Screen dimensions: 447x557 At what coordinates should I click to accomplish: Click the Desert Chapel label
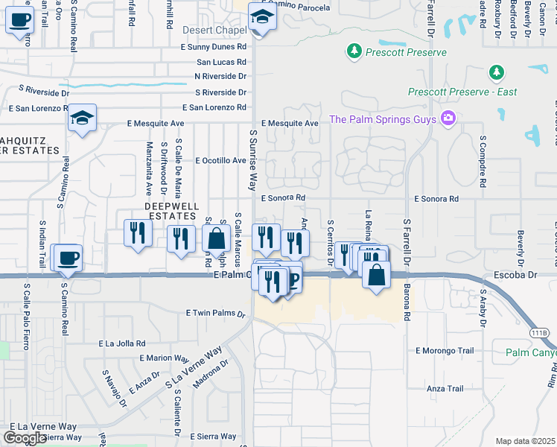(214, 31)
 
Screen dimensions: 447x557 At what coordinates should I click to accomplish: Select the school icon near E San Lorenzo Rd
(83, 118)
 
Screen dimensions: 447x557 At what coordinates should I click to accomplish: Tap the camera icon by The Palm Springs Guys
(448, 118)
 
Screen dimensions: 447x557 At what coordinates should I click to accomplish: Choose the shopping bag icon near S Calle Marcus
(216, 239)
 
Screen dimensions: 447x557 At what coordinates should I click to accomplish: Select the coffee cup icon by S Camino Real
(69, 258)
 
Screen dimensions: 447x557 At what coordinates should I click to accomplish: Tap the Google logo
(25, 438)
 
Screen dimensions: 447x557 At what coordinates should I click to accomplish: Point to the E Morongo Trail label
(445, 350)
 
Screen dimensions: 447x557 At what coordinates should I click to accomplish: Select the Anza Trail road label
(445, 389)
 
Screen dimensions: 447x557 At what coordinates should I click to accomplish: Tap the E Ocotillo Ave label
(220, 160)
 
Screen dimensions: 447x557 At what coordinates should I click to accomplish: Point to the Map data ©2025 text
(525, 441)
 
